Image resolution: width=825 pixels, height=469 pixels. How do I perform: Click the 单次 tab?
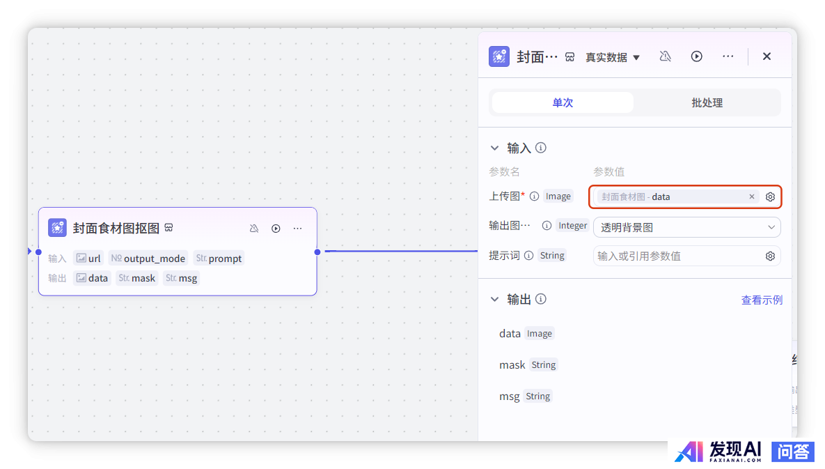pyautogui.click(x=563, y=102)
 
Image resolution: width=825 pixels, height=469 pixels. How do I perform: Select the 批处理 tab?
pyautogui.click(x=707, y=102)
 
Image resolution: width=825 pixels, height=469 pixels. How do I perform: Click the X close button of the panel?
pyautogui.click(x=767, y=56)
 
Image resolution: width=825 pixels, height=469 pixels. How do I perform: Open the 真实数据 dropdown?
pyautogui.click(x=613, y=57)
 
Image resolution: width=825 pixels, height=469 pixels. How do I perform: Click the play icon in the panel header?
pyautogui.click(x=697, y=56)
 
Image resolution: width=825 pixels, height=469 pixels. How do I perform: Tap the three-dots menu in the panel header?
pyautogui.click(x=728, y=56)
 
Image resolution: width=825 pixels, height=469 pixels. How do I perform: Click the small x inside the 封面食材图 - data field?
pyautogui.click(x=752, y=197)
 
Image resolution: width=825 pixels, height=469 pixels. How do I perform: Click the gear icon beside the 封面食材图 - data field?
pyautogui.click(x=770, y=197)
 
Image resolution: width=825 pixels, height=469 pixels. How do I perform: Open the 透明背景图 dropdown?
pyautogui.click(x=686, y=227)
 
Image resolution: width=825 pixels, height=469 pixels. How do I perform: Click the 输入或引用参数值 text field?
pyautogui.click(x=679, y=256)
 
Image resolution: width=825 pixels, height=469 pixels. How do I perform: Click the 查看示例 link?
pyautogui.click(x=762, y=300)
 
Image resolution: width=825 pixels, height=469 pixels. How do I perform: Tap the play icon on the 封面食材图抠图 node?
pyautogui.click(x=276, y=229)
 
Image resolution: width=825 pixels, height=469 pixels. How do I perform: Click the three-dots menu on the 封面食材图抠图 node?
pyautogui.click(x=298, y=229)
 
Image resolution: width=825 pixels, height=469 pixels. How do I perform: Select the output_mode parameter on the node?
pyautogui.click(x=148, y=259)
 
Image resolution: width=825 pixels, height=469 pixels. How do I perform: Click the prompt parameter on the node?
pyautogui.click(x=219, y=259)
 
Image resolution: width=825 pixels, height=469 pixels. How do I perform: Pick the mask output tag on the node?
pyautogui.click(x=136, y=278)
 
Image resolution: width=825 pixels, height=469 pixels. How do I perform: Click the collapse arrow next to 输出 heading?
pyautogui.click(x=494, y=300)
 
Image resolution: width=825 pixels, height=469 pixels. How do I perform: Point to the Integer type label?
pyautogui.click(x=572, y=226)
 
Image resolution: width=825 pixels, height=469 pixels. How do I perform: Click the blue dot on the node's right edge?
pyautogui.click(x=317, y=252)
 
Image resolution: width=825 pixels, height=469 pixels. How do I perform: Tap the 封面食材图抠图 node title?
pyautogui.click(x=116, y=228)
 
